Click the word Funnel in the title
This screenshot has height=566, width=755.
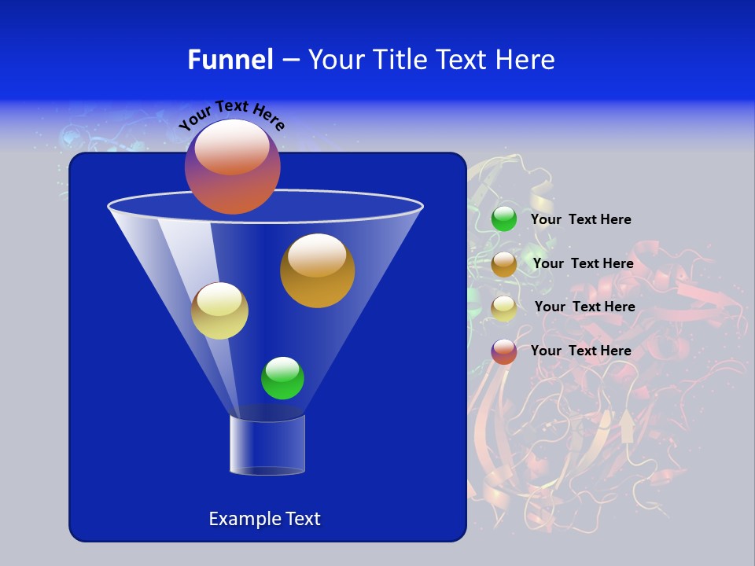coord(230,60)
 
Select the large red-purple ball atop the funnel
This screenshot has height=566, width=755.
coord(232,167)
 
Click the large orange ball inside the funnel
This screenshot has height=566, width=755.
coord(317,270)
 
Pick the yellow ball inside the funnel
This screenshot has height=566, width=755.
coord(219,311)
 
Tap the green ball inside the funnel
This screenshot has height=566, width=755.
coord(282,378)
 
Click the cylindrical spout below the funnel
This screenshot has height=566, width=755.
coord(267,445)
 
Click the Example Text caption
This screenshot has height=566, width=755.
coord(264,519)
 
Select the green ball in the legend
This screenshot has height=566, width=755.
coord(504,219)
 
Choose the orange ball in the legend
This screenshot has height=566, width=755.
coord(504,264)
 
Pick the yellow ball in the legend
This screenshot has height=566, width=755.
coord(504,308)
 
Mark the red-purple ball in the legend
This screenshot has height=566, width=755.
coord(504,351)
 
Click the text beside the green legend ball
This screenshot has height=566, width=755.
coord(580,219)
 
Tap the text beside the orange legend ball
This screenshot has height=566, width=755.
coord(583,263)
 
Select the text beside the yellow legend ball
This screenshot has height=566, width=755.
coord(584,307)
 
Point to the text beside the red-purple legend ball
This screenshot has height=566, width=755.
coord(580,351)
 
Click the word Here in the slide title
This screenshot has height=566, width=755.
coord(526,60)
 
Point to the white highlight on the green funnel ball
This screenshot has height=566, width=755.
coord(282,369)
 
